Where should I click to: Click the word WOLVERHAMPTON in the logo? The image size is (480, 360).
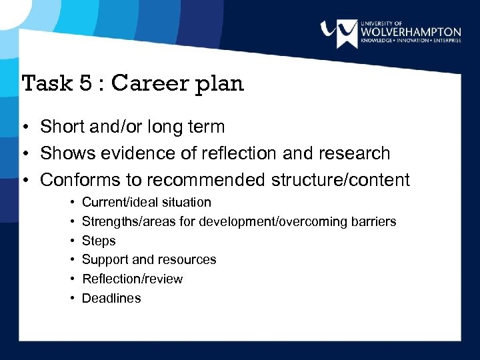[x=411, y=31]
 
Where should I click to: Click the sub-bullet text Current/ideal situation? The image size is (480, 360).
[x=146, y=202]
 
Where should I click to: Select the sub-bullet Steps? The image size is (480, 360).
[x=99, y=241]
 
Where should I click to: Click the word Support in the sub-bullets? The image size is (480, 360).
[x=104, y=260]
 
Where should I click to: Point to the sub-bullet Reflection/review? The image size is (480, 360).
[x=132, y=279]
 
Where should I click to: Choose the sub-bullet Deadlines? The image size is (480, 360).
[x=111, y=298]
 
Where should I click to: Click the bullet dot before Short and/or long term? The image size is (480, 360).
[x=23, y=127]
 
